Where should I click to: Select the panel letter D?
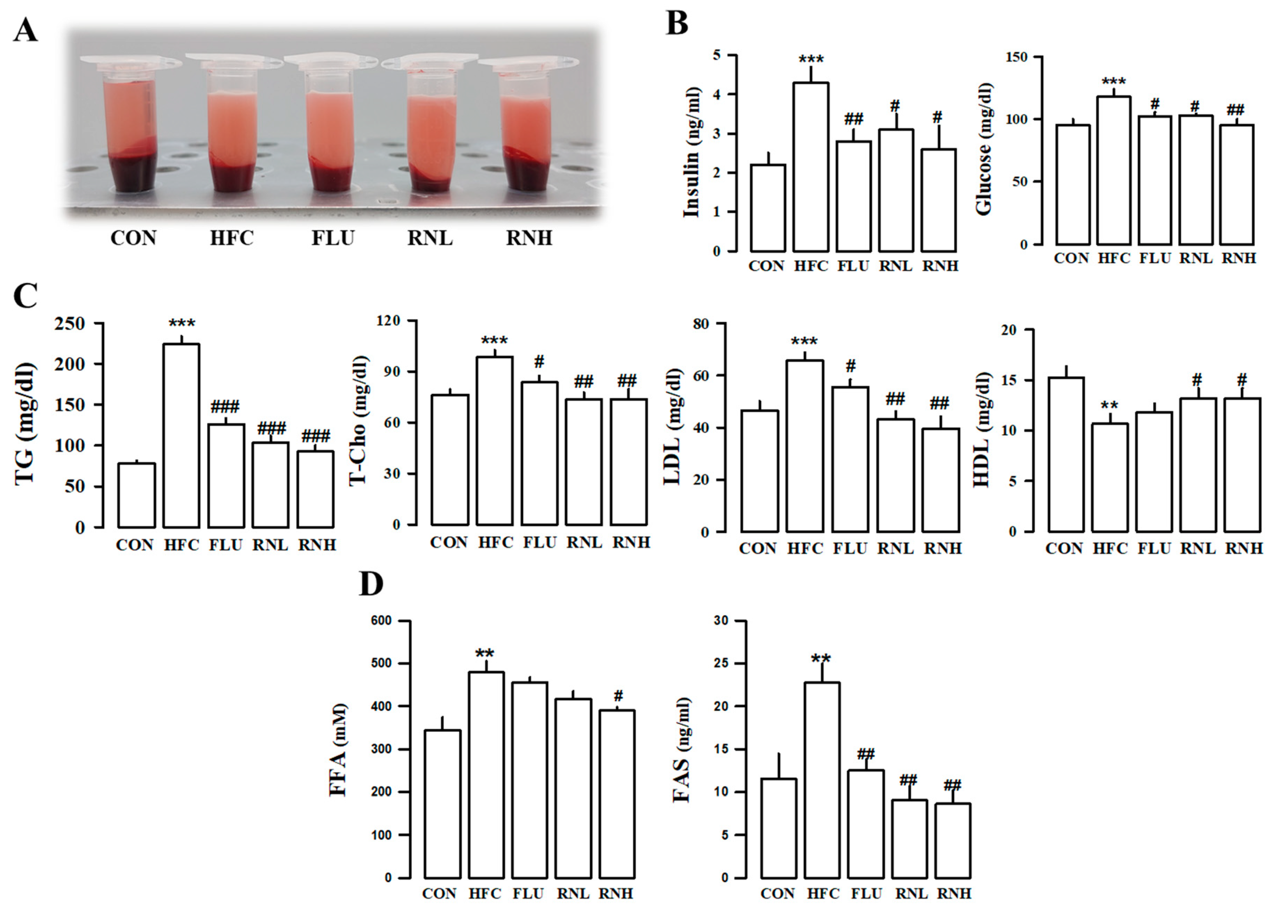tap(371, 584)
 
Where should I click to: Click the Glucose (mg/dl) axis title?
tap(984, 149)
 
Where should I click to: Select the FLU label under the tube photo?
tap(333, 238)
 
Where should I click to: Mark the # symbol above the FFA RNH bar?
tap(618, 696)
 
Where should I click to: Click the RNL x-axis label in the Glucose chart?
tap(1196, 258)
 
